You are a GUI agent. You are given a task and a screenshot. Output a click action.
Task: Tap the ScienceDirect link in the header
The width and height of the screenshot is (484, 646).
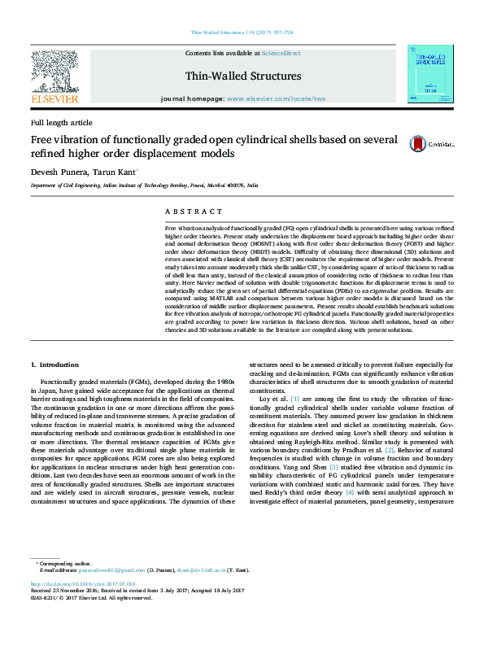[x=281, y=53]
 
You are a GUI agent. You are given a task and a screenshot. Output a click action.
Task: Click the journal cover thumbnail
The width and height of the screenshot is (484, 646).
[x=430, y=74]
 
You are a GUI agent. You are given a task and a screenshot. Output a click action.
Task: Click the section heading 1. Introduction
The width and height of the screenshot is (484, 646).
[x=56, y=365]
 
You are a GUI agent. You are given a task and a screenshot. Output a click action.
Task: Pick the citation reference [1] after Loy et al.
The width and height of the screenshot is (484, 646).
[x=295, y=399]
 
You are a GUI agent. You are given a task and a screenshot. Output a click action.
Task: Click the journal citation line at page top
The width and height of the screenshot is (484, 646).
[x=242, y=33]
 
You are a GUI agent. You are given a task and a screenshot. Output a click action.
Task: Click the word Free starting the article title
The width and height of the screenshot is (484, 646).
[x=41, y=138]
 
